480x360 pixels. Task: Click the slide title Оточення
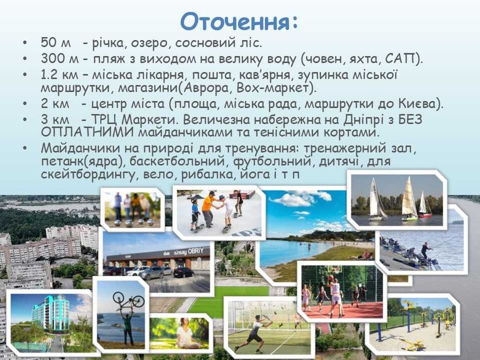click(x=239, y=22)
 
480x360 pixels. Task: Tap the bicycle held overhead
click(x=129, y=300)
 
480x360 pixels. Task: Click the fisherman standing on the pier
click(x=425, y=252)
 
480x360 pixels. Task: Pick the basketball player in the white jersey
click(x=335, y=296)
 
